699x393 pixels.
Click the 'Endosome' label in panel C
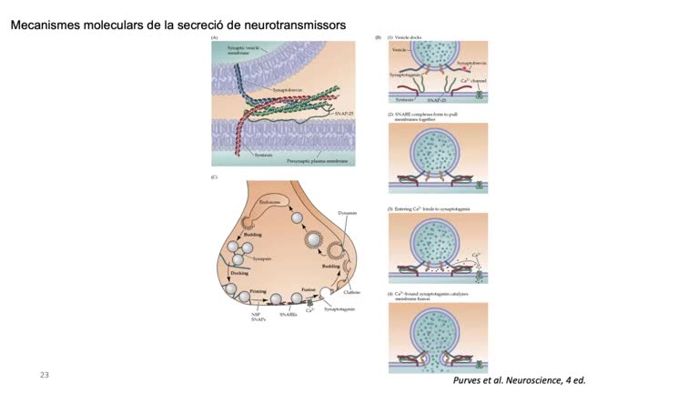click(270, 203)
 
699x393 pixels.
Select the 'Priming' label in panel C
click(258, 294)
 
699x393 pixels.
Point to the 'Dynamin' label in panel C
click(347, 212)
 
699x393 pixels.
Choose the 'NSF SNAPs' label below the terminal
click(258, 318)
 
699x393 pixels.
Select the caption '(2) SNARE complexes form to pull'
click(423, 114)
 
